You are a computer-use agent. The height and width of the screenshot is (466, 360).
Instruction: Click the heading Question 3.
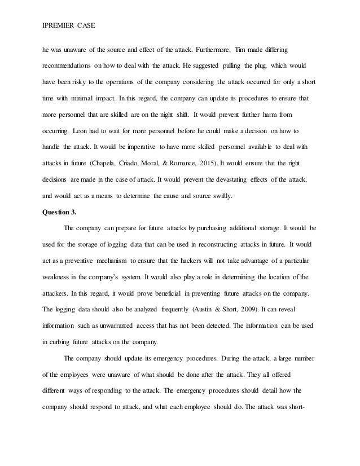[x=62, y=213]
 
